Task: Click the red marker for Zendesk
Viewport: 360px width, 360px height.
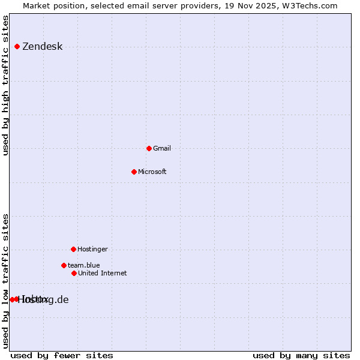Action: click(17, 46)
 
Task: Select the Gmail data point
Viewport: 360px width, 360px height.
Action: click(149, 148)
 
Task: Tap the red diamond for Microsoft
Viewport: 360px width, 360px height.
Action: click(134, 172)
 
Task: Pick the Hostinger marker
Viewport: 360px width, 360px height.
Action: click(73, 249)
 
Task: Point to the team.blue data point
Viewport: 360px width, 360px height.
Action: click(64, 265)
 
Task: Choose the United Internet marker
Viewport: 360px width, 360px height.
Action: click(74, 273)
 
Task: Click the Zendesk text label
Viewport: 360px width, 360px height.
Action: click(42, 47)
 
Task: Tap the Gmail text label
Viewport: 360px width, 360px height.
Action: click(162, 149)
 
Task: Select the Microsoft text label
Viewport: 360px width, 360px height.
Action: click(152, 172)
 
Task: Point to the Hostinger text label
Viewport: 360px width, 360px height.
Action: click(92, 250)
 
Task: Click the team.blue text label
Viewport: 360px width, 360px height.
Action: click(83, 266)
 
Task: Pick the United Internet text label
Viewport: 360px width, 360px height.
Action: click(102, 274)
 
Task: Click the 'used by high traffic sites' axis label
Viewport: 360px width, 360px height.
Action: click(6, 85)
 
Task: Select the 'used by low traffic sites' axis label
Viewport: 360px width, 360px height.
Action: click(6, 281)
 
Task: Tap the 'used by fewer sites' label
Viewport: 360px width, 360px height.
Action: click(62, 355)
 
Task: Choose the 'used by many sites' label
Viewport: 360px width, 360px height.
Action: click(301, 355)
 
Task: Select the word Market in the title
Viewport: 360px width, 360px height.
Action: click(37, 6)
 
